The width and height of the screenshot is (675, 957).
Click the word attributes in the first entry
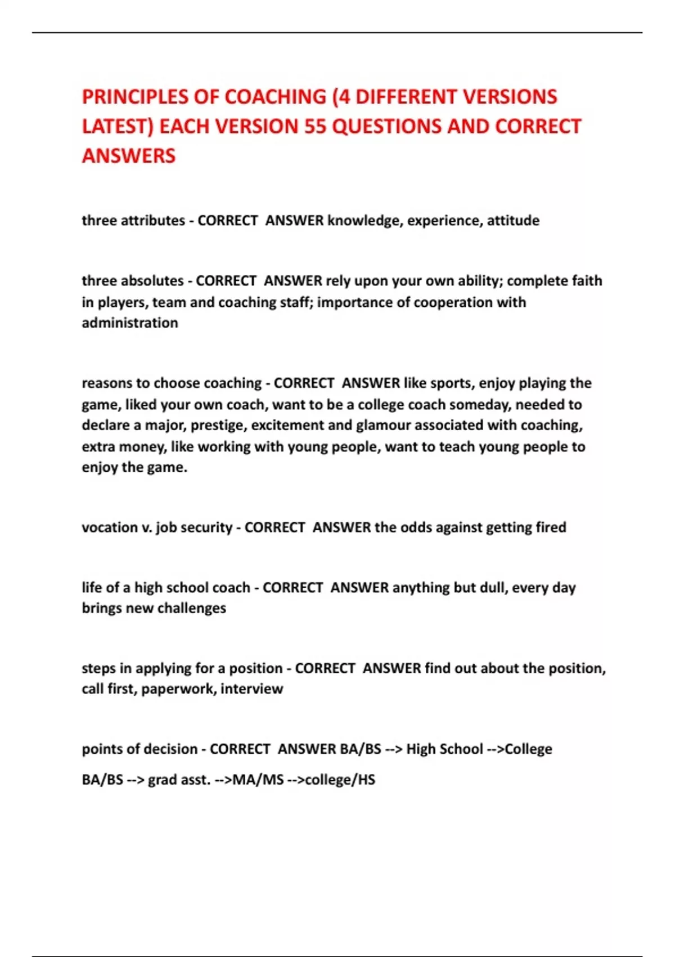coord(152,220)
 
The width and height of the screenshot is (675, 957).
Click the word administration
coord(130,323)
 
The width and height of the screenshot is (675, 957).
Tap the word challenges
coord(191,608)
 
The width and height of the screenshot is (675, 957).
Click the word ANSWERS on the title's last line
coord(129,156)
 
